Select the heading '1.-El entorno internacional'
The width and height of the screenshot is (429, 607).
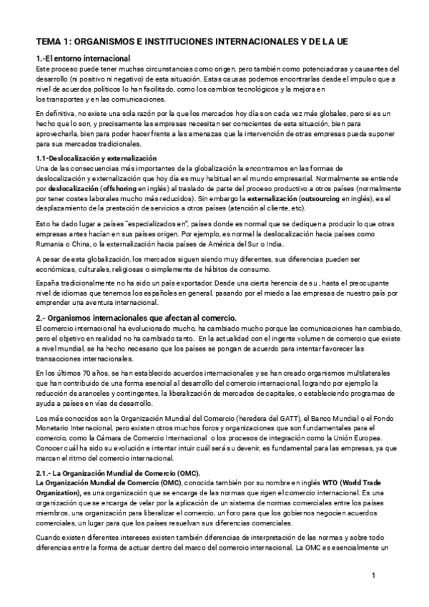point(83,58)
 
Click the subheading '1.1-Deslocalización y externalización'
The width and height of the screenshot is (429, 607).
point(97,157)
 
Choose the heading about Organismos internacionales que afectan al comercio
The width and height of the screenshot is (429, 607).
point(136,317)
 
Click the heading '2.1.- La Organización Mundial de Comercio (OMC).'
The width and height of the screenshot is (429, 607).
point(118,474)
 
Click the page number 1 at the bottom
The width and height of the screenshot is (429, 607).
point(374,576)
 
